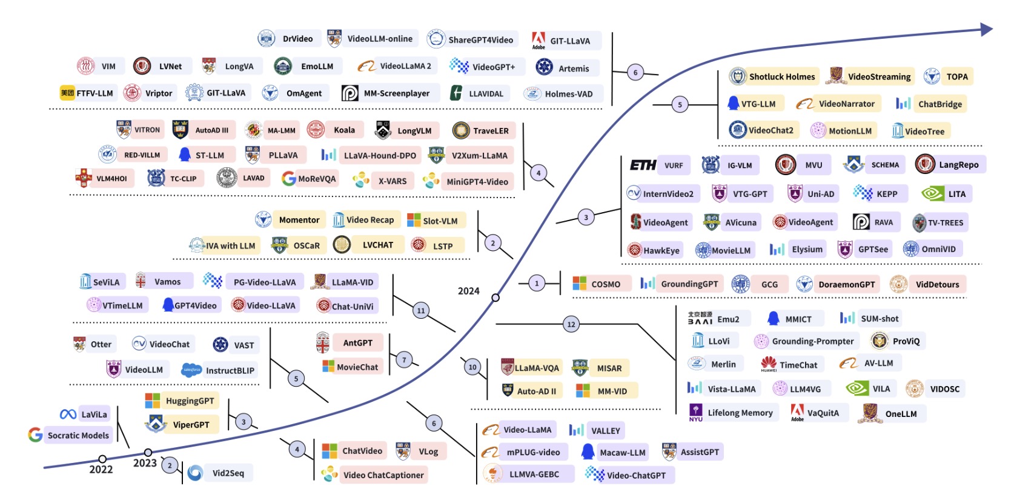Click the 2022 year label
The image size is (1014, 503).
coord(101,470)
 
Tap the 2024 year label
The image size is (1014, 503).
coord(468,291)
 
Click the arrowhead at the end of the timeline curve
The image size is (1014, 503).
coord(986,30)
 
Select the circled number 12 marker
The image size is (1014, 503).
coord(571,324)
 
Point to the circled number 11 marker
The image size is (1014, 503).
coord(421,310)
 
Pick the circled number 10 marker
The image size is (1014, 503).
coord(472,367)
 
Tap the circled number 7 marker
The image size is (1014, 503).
coord(404,361)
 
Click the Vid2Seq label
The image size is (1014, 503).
coord(228,473)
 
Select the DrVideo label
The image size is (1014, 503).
coord(298,39)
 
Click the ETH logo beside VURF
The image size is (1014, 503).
coord(643,165)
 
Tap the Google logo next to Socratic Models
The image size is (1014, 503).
coord(35,435)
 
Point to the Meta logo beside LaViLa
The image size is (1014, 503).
coord(68,415)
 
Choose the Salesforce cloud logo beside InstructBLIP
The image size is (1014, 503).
coord(191,370)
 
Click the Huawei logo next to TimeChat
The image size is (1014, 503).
coord(769,364)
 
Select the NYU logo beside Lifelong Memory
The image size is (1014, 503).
coord(696,413)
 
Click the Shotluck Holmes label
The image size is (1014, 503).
coord(782,76)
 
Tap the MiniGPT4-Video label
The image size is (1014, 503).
coord(477,182)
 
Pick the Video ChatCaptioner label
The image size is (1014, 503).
coord(383,475)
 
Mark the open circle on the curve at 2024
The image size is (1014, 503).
coord(495,298)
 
